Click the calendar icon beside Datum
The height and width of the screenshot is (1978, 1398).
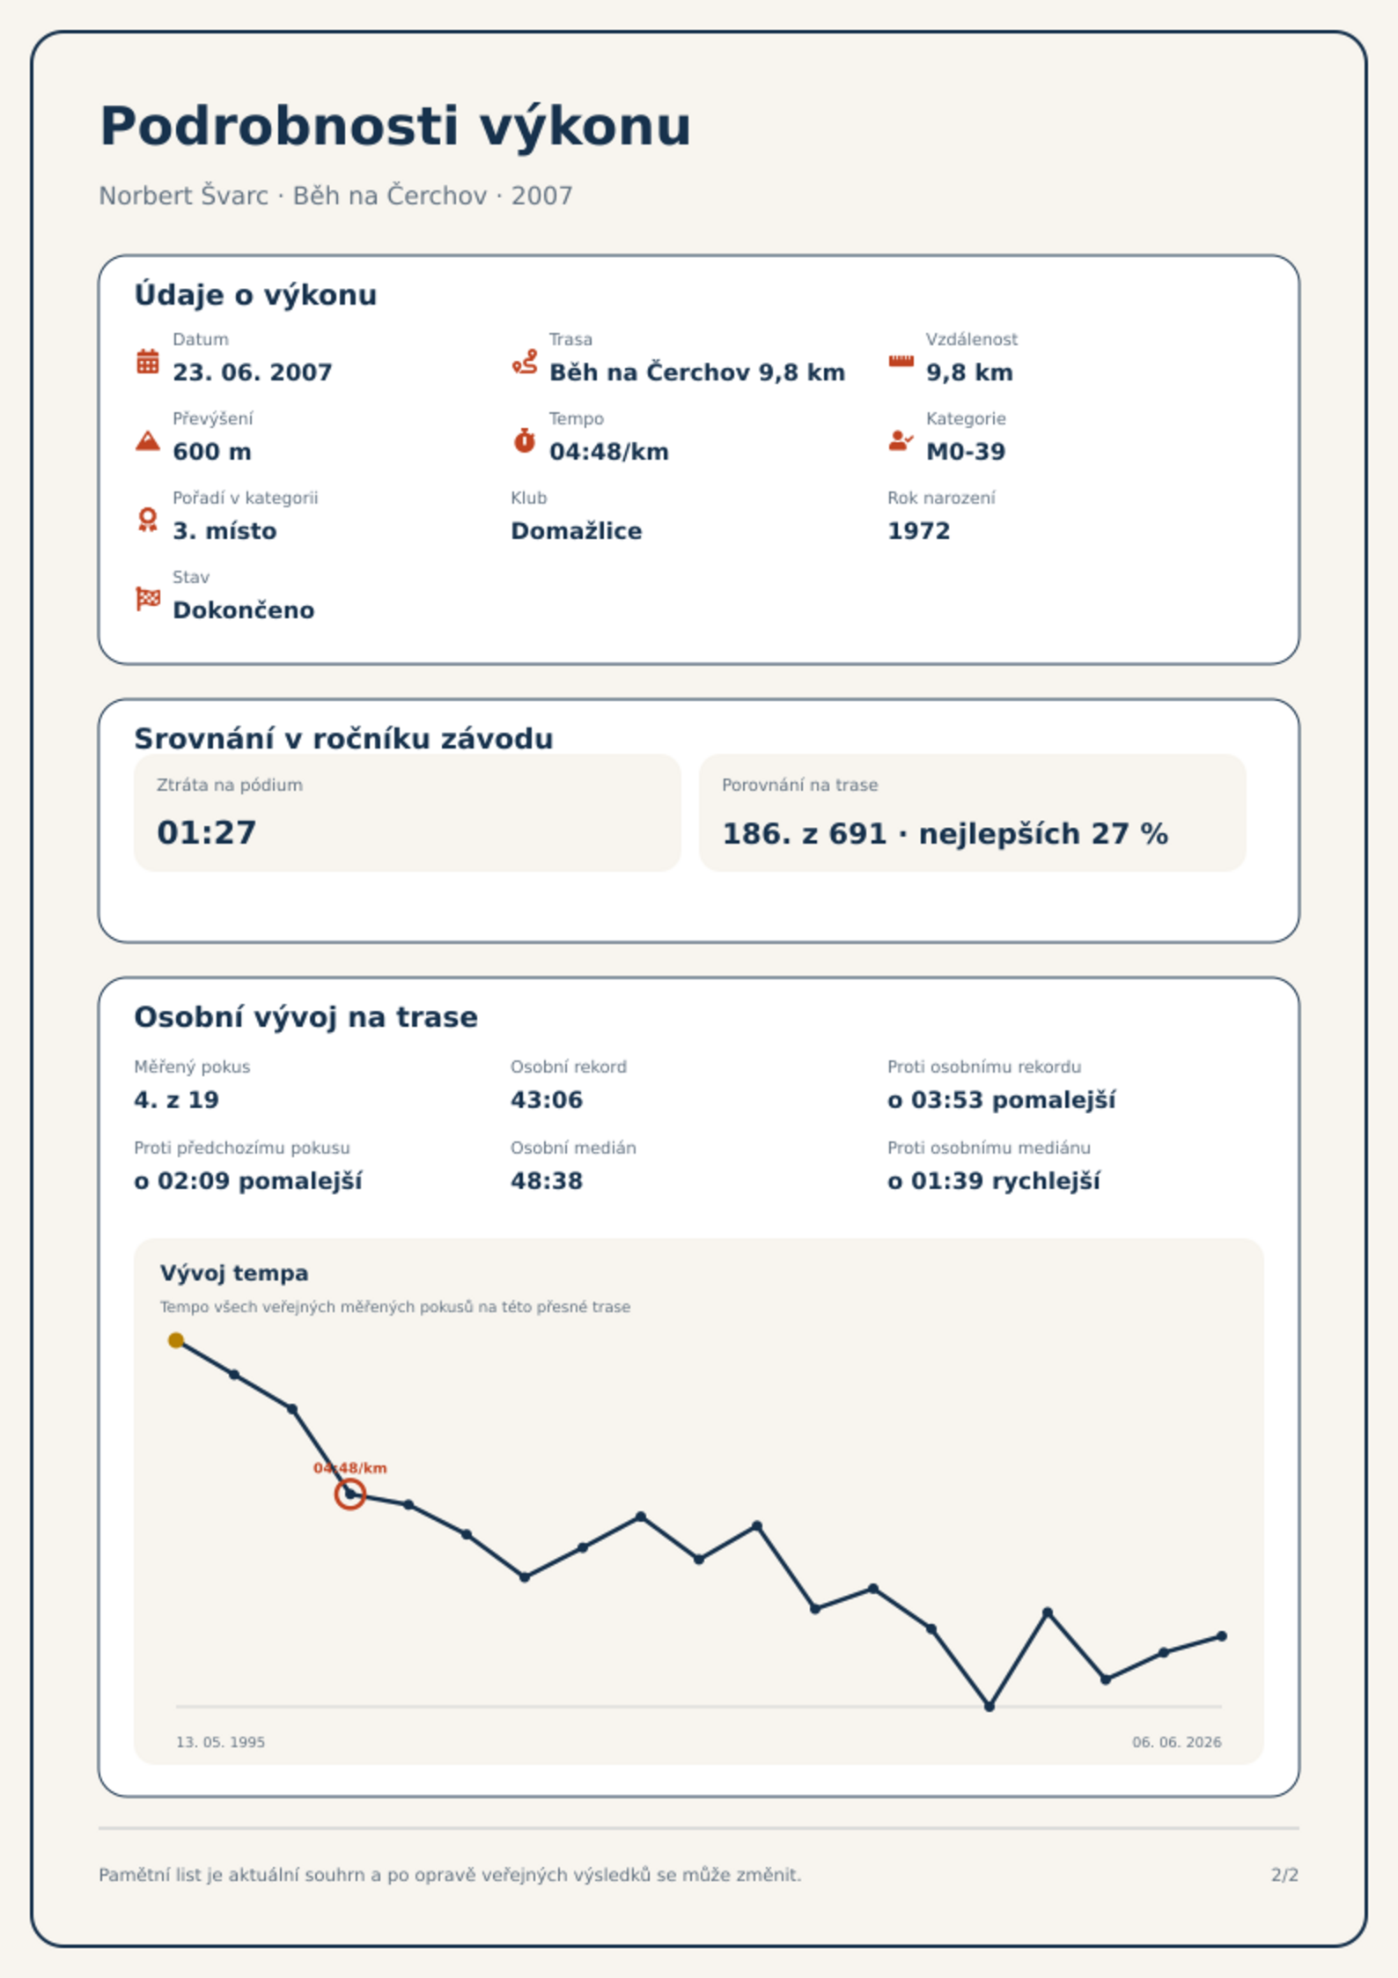[148, 361]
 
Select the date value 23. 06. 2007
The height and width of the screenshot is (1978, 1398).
[253, 373]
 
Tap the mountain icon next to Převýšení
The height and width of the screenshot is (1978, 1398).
[148, 440]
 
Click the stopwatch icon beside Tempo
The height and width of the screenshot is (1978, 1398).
[525, 440]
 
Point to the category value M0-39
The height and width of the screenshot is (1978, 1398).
[966, 452]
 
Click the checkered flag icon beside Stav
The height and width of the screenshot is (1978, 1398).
[148, 599]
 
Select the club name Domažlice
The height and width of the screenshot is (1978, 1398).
[577, 531]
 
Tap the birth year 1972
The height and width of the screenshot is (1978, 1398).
[919, 531]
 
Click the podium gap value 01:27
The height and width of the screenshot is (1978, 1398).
[207, 832]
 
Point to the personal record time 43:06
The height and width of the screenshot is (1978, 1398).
[547, 1100]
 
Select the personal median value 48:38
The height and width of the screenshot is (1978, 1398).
[547, 1181]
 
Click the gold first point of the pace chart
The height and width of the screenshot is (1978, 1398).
[176, 1340]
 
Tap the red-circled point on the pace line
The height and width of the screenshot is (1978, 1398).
[350, 1494]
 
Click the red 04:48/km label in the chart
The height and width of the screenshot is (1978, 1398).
[350, 1468]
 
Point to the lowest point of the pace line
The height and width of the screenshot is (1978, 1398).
[990, 1706]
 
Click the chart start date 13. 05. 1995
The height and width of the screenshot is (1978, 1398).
[220, 1742]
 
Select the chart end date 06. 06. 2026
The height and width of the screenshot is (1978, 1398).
[1177, 1742]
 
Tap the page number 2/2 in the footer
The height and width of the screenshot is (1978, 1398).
[1285, 1875]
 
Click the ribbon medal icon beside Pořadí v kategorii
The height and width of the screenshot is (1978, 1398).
[148, 520]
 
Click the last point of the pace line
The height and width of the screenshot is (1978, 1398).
[1222, 1636]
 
